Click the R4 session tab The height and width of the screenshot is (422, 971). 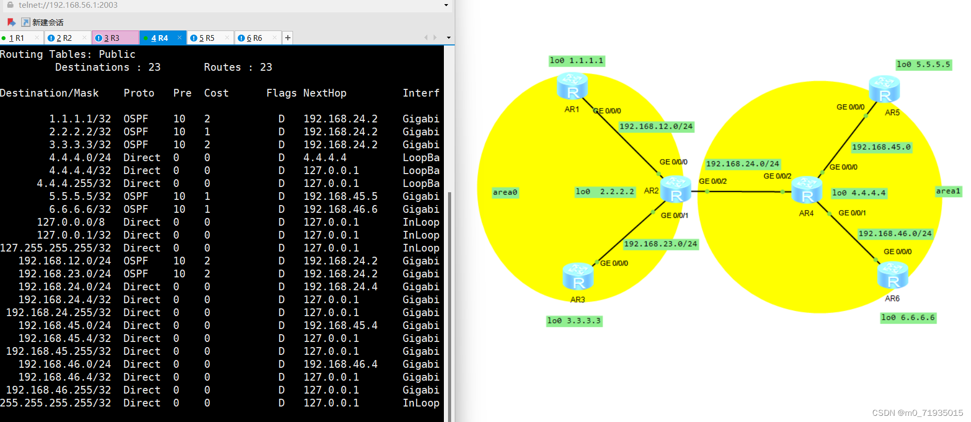(160, 38)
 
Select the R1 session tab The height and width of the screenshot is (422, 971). (17, 38)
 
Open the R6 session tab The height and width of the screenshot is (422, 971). (254, 38)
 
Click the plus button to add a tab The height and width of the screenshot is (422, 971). (288, 38)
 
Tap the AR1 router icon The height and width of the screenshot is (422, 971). (572, 86)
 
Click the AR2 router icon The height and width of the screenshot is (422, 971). (675, 189)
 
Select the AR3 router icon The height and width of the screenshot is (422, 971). (578, 276)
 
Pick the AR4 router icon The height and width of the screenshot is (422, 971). (807, 190)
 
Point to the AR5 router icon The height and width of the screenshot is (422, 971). (884, 89)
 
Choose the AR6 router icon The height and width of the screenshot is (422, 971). (892, 275)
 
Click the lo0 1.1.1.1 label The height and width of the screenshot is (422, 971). (576, 61)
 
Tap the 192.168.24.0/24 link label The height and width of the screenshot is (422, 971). (742, 164)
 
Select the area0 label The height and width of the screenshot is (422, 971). (505, 193)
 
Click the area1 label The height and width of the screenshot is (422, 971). (948, 191)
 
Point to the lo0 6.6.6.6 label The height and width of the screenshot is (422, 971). (908, 318)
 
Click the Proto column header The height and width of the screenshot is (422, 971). (138, 93)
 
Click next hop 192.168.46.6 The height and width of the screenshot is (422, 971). (340, 209)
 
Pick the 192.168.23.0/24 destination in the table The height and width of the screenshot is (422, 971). (65, 274)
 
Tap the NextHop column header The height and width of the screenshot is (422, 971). (325, 93)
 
